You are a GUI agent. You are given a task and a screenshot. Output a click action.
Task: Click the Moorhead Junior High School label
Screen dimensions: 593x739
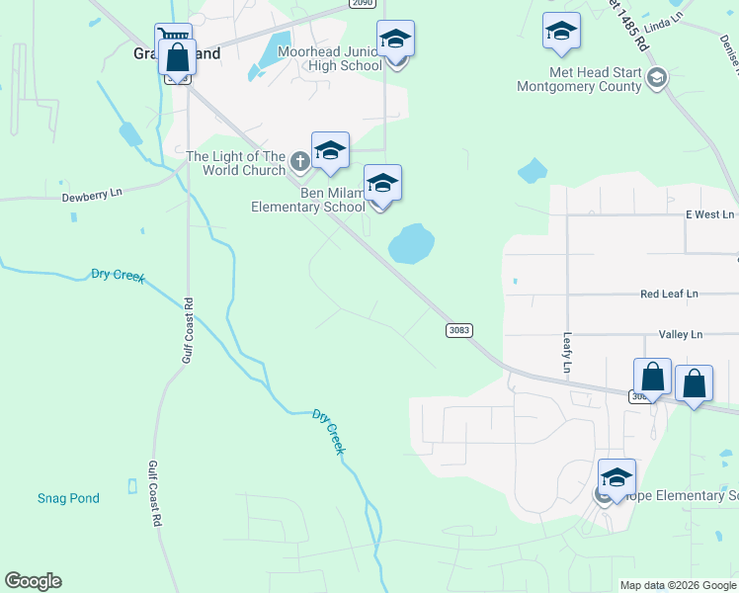(329, 58)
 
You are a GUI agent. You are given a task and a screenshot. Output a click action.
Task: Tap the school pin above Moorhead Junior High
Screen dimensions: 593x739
(395, 40)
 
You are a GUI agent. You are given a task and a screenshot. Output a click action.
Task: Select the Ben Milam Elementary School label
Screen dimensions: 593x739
(307, 201)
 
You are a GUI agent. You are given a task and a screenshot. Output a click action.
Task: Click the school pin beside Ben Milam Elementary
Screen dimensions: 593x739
(382, 184)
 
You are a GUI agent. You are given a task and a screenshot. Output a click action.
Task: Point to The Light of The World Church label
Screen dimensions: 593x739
(236, 163)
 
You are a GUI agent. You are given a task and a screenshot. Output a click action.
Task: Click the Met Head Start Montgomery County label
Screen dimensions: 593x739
(579, 80)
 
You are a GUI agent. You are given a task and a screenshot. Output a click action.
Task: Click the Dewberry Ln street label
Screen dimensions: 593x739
(91, 197)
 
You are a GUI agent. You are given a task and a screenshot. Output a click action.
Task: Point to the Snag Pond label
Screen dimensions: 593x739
(68, 498)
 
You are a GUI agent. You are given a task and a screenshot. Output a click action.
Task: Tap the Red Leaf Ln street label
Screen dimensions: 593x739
(669, 294)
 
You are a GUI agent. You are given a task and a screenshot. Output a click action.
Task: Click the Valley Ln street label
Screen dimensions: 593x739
(680, 335)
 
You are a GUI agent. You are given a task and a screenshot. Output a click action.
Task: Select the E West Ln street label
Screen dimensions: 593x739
(709, 213)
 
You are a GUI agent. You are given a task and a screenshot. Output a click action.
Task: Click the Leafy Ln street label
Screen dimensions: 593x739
(567, 354)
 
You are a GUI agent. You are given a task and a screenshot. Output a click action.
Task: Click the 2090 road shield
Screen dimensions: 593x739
(362, 4)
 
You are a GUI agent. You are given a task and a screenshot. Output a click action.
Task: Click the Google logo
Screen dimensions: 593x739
(33, 581)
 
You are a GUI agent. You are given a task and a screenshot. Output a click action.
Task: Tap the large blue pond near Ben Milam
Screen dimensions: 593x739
(410, 243)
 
